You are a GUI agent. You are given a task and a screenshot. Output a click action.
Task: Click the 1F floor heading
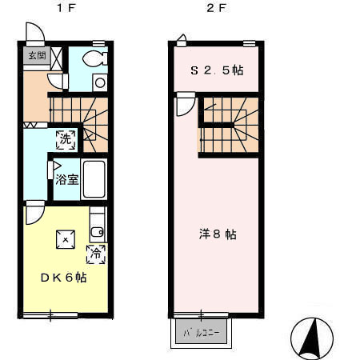[x=60, y=9]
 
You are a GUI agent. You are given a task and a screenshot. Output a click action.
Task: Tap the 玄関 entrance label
[x=37, y=55]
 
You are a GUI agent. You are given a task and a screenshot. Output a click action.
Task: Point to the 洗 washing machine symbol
[x=65, y=138]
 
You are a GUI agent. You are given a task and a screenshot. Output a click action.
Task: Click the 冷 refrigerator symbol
[x=95, y=254]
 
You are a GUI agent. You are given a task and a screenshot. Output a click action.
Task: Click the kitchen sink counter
[x=97, y=224]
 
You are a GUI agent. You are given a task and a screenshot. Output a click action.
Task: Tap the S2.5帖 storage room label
[x=216, y=70]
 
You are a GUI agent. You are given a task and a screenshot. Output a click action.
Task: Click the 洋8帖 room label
[x=217, y=234]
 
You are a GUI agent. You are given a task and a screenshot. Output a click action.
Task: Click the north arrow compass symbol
[x=312, y=338]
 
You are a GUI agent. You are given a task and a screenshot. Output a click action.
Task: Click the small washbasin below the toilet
[x=99, y=81]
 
